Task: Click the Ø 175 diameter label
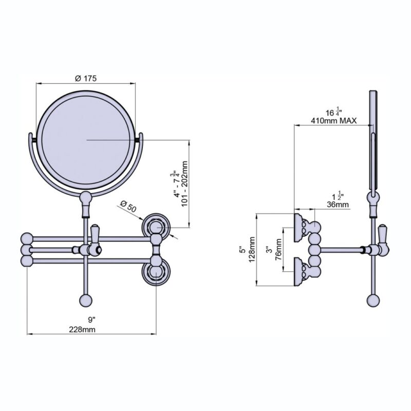click(86, 78)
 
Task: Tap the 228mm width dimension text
click(82, 329)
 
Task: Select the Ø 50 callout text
click(128, 207)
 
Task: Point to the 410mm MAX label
click(333, 121)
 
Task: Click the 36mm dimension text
click(338, 204)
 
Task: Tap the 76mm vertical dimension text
click(278, 249)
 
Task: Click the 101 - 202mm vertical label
click(184, 184)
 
